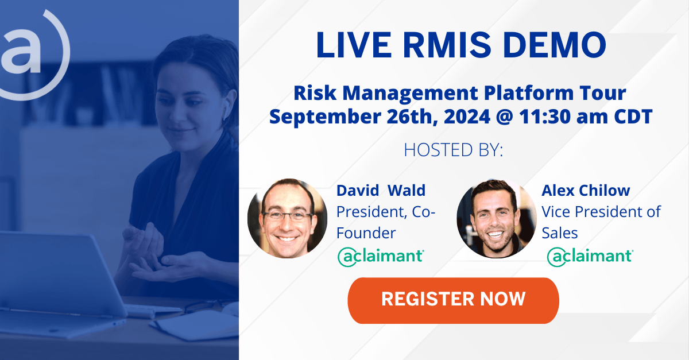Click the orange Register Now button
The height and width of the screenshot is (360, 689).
coord(453,300)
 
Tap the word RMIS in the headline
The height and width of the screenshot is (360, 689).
coord(447,45)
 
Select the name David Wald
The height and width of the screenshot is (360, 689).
coord(381,191)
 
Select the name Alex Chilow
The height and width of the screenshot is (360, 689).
coord(586,191)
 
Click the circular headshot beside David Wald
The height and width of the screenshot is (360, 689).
coord(287,218)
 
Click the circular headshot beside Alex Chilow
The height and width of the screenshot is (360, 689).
coord(497,218)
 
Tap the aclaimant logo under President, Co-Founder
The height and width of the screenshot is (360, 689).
coord(381,257)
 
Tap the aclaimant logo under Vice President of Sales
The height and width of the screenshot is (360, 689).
coord(590,257)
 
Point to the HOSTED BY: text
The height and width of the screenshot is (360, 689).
coord(454,150)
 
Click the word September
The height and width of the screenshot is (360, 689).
coord(326,118)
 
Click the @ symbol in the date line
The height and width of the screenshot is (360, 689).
coord(505,117)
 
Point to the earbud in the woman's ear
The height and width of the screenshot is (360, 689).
coord(226,110)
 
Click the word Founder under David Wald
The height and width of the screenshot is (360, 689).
coord(366,233)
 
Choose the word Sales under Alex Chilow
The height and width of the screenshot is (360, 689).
coord(559,233)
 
